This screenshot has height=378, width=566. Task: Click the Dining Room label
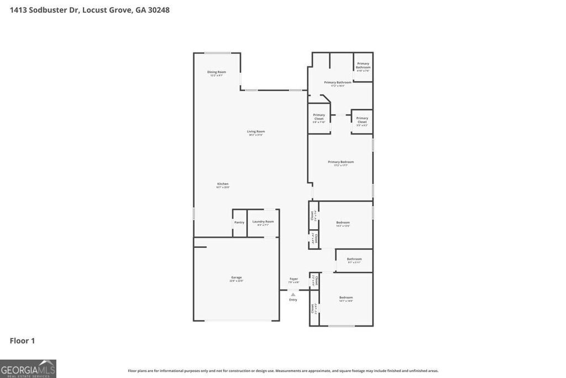[x=217, y=72]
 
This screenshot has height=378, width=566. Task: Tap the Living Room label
[x=256, y=132]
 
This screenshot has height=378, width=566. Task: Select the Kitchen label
[x=223, y=184]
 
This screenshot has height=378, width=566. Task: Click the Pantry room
[x=239, y=222]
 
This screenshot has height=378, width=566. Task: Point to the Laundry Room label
[x=263, y=222]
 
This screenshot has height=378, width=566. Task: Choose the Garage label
[x=237, y=278]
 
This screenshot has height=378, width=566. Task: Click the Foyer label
[x=294, y=279]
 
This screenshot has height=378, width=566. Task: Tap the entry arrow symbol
[x=293, y=294]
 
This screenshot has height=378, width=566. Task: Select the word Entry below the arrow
[x=293, y=300]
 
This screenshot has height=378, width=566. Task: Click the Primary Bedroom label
[x=340, y=162]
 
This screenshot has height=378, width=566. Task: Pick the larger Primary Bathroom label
[x=338, y=82]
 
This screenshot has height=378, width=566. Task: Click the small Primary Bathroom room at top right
[x=363, y=66]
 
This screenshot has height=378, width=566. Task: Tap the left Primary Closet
[x=319, y=117]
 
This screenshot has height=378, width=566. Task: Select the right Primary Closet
[x=362, y=120]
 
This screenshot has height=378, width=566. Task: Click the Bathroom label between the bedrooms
[x=354, y=259]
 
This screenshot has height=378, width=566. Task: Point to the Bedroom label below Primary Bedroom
[x=343, y=222]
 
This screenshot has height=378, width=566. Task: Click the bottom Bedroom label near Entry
[x=346, y=298]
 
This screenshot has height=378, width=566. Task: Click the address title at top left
[x=90, y=10]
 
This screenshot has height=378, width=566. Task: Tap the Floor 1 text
[x=22, y=341]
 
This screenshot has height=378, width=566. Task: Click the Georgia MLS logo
[x=28, y=369]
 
